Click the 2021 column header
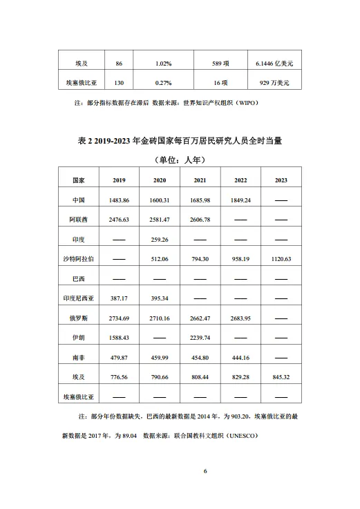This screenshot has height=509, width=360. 199,180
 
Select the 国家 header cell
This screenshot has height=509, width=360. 79,180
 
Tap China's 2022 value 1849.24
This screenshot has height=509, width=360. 239,200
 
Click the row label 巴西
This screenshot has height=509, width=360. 79,278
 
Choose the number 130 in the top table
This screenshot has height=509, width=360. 120,83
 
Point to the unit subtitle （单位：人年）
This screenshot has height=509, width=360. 180,160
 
